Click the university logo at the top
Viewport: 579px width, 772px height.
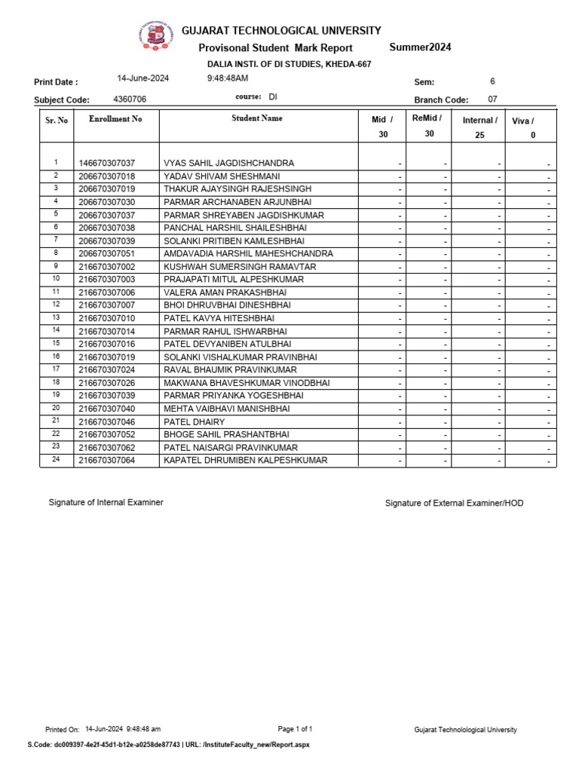154,36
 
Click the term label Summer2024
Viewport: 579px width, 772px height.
420,47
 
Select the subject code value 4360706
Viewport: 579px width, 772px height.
130,99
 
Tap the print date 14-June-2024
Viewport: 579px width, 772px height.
143,78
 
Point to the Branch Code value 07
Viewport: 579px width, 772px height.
492,99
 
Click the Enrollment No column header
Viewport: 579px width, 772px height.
115,119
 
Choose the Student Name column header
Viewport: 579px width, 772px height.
257,118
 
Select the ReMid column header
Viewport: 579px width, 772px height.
427,118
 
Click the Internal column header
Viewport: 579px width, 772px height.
479,120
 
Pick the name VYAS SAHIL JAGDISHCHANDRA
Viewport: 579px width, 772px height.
228,163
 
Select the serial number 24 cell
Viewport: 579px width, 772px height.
56,460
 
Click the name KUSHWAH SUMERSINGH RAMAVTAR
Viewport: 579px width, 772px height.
240,267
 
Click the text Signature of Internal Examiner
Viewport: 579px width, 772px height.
106,502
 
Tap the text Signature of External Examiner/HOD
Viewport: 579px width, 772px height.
454,503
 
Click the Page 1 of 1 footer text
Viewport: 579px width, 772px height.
295,729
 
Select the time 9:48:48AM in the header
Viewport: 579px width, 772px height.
228,78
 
